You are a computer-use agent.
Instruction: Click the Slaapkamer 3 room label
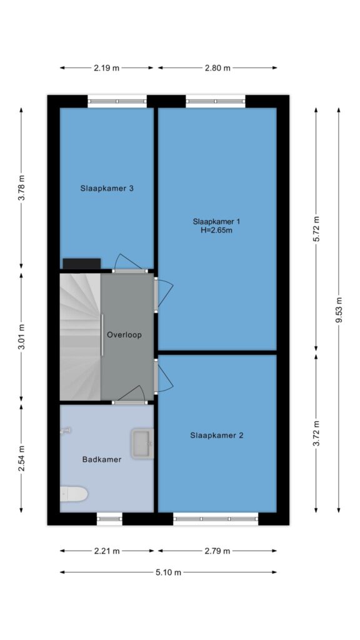point(107,189)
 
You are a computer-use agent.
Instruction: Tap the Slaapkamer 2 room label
point(216,436)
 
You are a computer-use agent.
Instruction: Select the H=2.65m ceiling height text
point(216,230)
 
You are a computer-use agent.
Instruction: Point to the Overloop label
point(124,335)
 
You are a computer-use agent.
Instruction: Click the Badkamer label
point(102,459)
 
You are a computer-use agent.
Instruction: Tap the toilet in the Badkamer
point(74,494)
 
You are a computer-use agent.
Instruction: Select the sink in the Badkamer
point(142,444)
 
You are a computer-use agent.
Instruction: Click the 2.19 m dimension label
point(106,68)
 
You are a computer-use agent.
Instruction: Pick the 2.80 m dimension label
point(217,68)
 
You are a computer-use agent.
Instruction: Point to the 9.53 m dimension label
point(339,309)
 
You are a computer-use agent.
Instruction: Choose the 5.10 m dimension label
point(168,572)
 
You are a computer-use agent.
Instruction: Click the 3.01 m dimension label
point(22,337)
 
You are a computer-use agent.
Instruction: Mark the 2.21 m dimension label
point(107,551)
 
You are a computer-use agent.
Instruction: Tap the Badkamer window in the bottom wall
point(109,519)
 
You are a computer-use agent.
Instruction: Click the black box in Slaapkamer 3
point(82,264)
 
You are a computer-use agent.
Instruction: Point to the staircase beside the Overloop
point(81,337)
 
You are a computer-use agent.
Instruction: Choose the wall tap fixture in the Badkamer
point(65,430)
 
